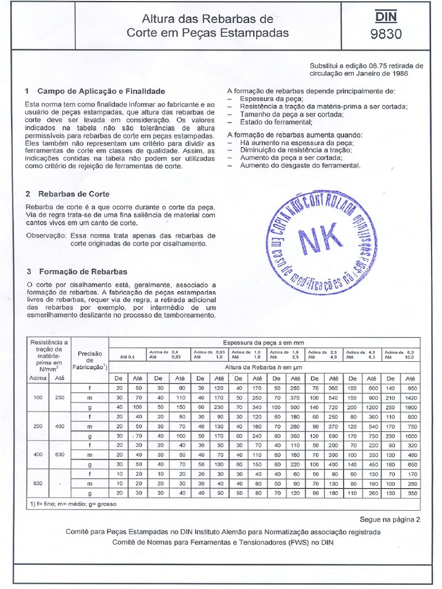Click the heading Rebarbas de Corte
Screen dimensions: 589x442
(74, 194)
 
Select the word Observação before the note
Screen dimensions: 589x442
(45, 235)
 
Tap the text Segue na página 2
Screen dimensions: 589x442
(390, 519)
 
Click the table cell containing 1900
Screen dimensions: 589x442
(410, 407)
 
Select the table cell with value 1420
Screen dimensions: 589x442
(410, 397)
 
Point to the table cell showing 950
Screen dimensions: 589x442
(410, 388)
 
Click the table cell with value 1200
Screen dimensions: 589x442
(372, 407)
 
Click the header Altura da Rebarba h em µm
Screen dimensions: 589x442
(264, 366)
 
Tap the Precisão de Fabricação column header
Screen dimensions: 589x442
(89, 360)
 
